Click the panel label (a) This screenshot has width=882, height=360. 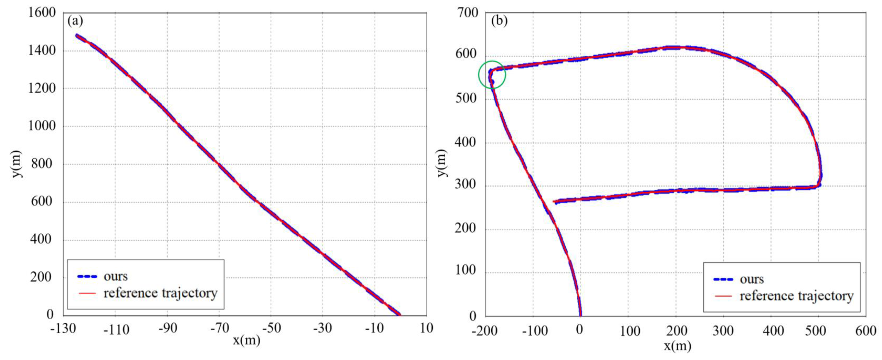pyautogui.click(x=75, y=21)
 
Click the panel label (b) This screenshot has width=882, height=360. pyautogui.click(x=499, y=21)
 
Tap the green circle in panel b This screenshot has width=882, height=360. pyautogui.click(x=492, y=75)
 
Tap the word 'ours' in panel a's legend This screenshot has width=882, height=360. pyautogui.click(x=115, y=276)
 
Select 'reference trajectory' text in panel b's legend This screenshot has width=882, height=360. pyautogui.click(x=796, y=296)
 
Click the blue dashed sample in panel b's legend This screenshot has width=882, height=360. pyautogui.click(x=723, y=279)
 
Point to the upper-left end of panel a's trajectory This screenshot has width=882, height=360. pyautogui.click(x=77, y=35)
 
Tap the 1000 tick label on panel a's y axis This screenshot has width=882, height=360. pyautogui.click(x=42, y=126)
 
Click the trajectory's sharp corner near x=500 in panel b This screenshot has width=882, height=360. pyautogui.click(x=819, y=185)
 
